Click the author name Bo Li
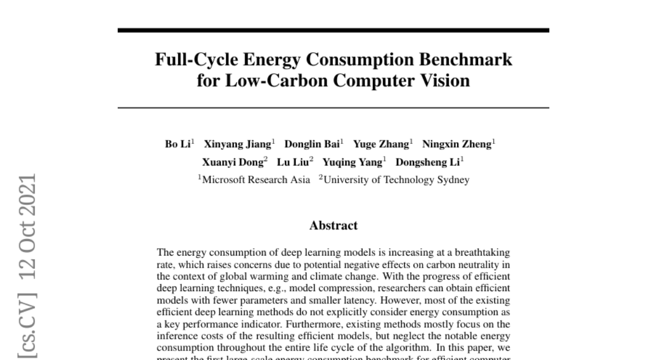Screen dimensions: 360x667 (178, 144)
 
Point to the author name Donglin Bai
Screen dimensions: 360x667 (312, 144)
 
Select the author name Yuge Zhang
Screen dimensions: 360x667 (381, 144)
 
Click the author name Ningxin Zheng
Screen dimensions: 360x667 (456, 144)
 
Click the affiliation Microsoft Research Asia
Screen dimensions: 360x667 (256, 179)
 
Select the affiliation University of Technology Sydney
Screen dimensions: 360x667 (396, 179)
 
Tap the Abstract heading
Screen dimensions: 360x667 (333, 226)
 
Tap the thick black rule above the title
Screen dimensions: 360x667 (333, 30)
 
